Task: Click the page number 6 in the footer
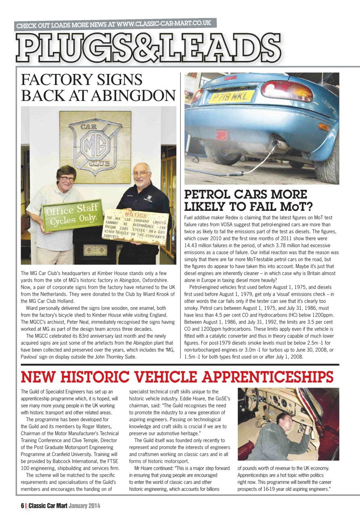pos(23,505)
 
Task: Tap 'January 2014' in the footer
pos(84,505)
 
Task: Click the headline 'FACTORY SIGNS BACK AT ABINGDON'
pos(98,88)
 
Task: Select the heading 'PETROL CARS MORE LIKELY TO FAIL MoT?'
pos(248,200)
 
